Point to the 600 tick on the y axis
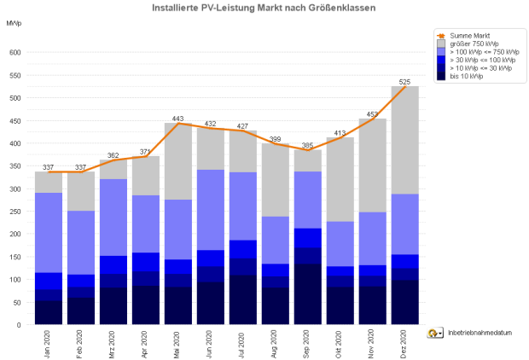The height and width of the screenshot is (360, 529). pos(15,53)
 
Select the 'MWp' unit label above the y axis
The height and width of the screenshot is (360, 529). pos(15,20)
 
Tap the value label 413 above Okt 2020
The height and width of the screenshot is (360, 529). pos(340,133)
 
